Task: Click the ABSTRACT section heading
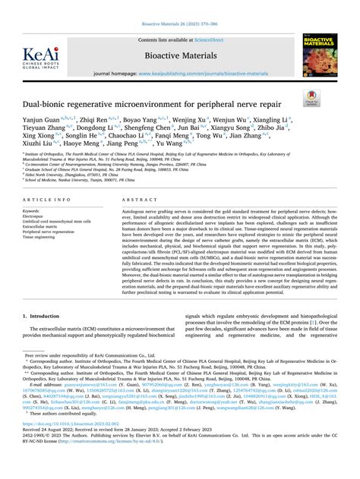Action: point(135,198)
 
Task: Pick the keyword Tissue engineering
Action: point(42,236)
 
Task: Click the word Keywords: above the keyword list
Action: point(33,210)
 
